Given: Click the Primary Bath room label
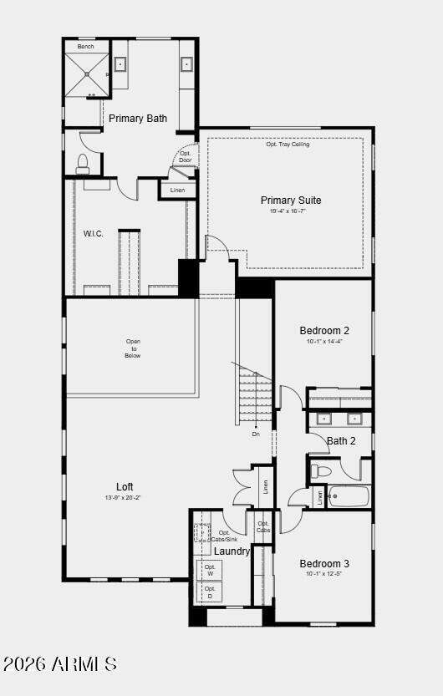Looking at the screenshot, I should pyautogui.click(x=138, y=119).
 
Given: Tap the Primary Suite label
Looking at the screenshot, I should pyautogui.click(x=291, y=201).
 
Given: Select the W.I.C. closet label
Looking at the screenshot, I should pyautogui.click(x=94, y=234).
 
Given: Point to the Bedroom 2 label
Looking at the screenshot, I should pyautogui.click(x=324, y=331).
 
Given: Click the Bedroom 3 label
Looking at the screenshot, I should pyautogui.click(x=324, y=564).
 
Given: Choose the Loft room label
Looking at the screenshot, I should pyautogui.click(x=125, y=487).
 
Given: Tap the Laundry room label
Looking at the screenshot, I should pyautogui.click(x=232, y=551).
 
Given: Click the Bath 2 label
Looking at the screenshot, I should pyautogui.click(x=341, y=441).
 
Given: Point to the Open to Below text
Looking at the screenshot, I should pyautogui.click(x=133, y=348).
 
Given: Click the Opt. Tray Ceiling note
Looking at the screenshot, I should pyautogui.click(x=288, y=145).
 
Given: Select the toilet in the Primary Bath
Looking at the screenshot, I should pyautogui.click(x=83, y=163).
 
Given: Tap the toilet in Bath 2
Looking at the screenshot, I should pyautogui.click(x=322, y=472).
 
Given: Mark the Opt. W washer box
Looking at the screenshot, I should pyautogui.click(x=210, y=570).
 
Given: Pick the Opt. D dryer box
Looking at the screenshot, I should pyautogui.click(x=210, y=592).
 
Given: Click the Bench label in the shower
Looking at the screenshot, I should pyautogui.click(x=86, y=47).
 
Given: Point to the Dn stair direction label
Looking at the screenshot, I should pyautogui.click(x=256, y=434).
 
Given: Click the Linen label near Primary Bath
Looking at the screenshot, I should pyautogui.click(x=177, y=191).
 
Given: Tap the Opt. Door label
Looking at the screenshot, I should pyautogui.click(x=186, y=156).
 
